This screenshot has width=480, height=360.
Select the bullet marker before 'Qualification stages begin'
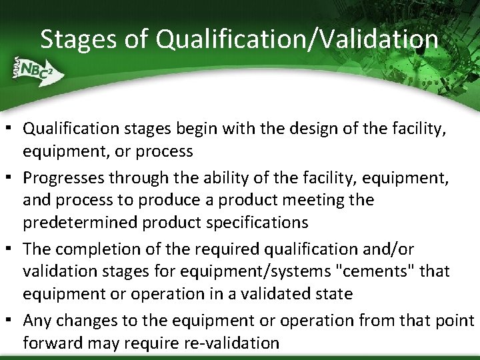(13, 127)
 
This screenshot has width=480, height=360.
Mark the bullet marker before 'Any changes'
(13, 320)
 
